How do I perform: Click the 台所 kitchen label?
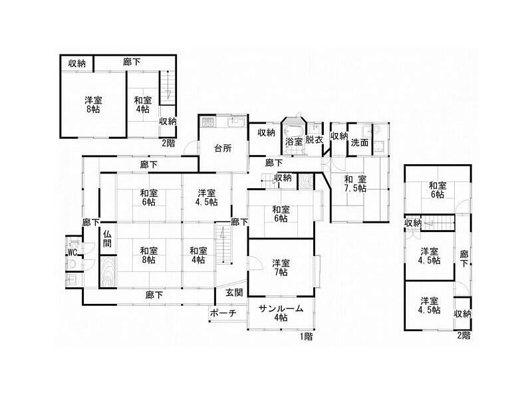(223, 148)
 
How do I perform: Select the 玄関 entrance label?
(234, 292)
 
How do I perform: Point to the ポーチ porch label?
(223, 313)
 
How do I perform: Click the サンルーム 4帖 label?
(281, 313)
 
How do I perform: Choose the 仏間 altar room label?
(107, 239)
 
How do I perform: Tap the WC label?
(72, 252)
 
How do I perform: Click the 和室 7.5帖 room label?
(355, 184)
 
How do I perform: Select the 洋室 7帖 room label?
(281, 267)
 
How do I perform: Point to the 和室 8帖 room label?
(148, 255)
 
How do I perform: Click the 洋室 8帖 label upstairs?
(93, 104)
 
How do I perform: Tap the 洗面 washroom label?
(359, 142)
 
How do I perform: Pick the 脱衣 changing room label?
(314, 140)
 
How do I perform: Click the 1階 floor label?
(306, 336)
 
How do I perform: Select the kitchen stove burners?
(207, 122)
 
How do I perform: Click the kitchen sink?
(237, 122)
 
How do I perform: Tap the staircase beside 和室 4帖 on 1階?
(223, 242)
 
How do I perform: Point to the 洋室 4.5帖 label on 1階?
(206, 198)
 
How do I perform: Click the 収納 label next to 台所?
(266, 132)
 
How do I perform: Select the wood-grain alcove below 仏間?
(108, 272)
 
